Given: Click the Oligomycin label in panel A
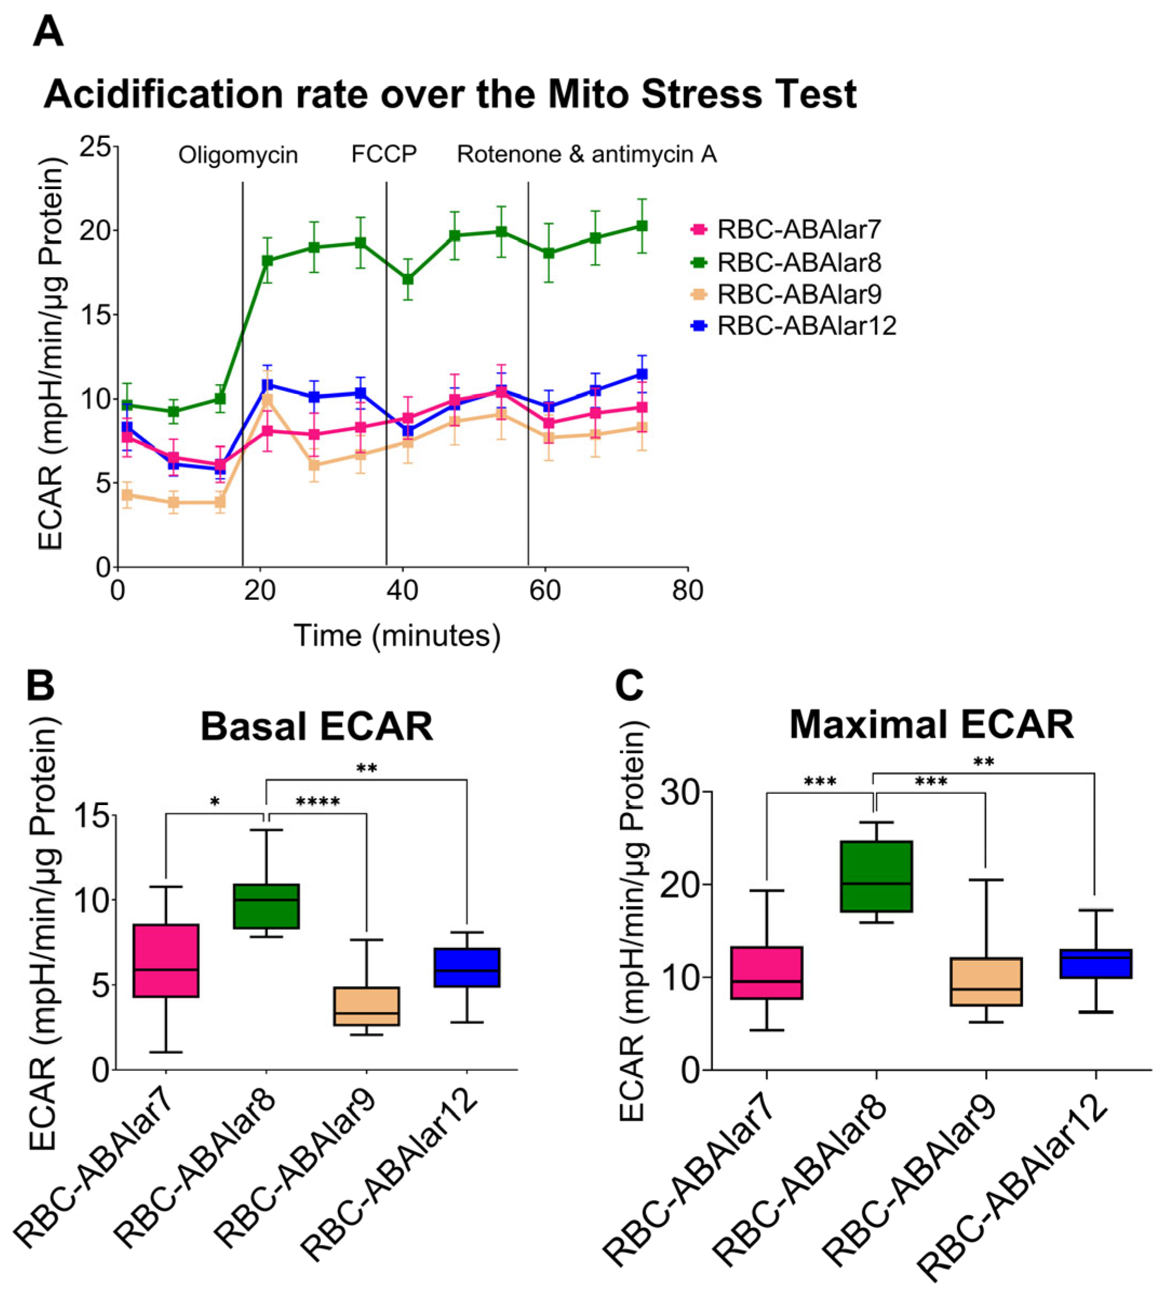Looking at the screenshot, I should pyautogui.click(x=238, y=155).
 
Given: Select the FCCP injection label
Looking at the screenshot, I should pyautogui.click(x=383, y=154).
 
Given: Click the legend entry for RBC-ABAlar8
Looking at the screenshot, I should pyautogui.click(x=799, y=262).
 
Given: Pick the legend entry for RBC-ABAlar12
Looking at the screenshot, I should pyautogui.click(x=806, y=326).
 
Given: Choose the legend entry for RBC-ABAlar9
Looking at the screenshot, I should pyautogui.click(x=799, y=294).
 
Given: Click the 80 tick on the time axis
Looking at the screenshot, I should pyautogui.click(x=688, y=590).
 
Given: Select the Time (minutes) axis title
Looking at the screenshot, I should pyautogui.click(x=396, y=636).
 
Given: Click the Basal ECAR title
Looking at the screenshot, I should pyautogui.click(x=317, y=727).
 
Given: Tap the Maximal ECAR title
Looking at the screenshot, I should pyautogui.click(x=931, y=725).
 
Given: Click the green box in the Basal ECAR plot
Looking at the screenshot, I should pyautogui.click(x=266, y=906).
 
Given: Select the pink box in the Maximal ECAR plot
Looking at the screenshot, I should pyautogui.click(x=766, y=973).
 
